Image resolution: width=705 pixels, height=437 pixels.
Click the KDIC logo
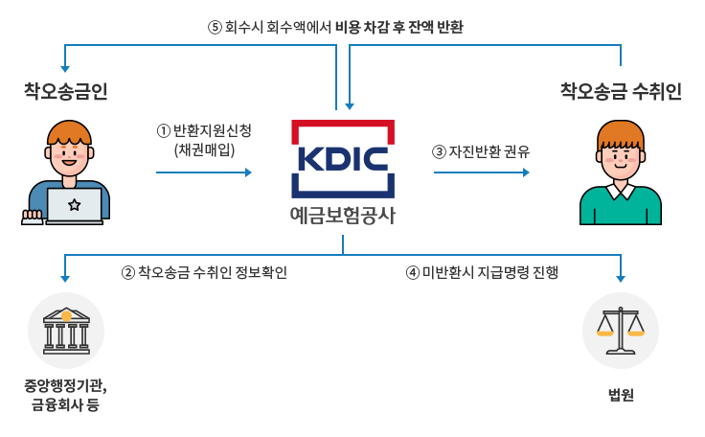(343, 158)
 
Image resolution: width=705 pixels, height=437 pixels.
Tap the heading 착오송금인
(66, 91)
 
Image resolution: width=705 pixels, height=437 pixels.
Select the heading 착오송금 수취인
(621, 91)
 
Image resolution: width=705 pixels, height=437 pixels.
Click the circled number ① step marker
(163, 130)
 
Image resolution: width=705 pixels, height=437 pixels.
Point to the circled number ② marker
(127, 272)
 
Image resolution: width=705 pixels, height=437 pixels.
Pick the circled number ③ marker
(440, 151)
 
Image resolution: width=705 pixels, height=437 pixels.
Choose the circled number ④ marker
(413, 272)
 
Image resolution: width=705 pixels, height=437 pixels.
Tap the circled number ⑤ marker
(215, 27)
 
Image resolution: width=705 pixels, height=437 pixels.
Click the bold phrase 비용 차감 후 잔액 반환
(399, 27)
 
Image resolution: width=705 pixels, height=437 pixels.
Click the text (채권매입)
(205, 149)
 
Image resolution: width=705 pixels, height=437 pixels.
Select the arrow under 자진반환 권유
(481, 172)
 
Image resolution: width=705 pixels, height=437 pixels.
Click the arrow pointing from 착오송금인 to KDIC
(203, 172)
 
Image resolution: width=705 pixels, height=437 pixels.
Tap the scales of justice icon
(621, 331)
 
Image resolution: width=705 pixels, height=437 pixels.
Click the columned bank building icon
(66, 331)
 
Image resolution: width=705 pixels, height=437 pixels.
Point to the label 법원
(621, 395)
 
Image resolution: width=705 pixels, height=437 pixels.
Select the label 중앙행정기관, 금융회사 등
(66, 397)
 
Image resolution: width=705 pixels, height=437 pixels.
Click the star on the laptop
(75, 203)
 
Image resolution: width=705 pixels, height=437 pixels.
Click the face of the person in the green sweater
(621, 156)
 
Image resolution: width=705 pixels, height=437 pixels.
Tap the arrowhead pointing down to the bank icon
(65, 279)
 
